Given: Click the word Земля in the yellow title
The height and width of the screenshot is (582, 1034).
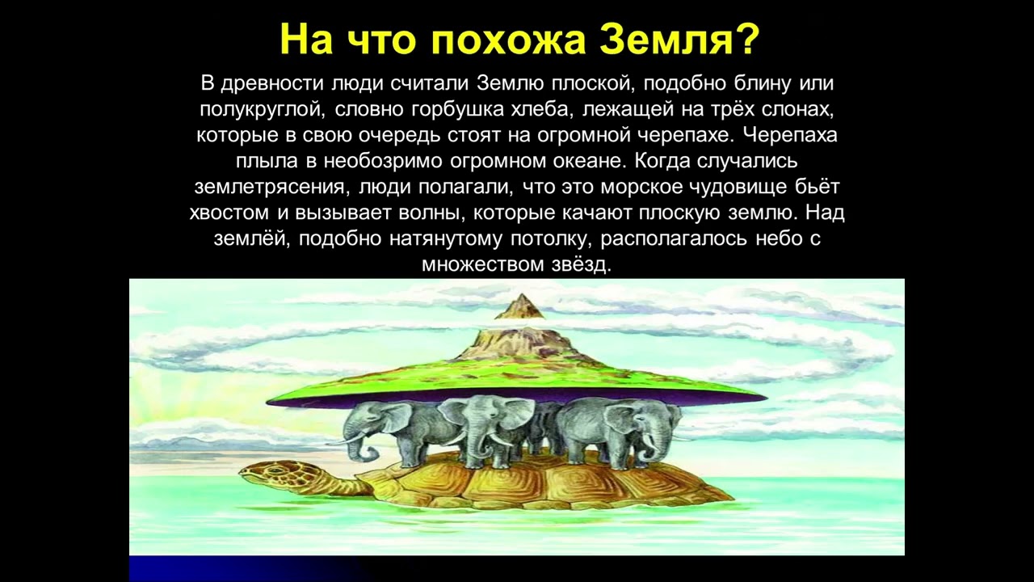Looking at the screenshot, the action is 661,40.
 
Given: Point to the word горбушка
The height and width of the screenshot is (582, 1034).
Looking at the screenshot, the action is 460,109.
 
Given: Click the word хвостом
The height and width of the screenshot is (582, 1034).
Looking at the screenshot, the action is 229,213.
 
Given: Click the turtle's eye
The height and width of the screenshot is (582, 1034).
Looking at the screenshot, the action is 275,470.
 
